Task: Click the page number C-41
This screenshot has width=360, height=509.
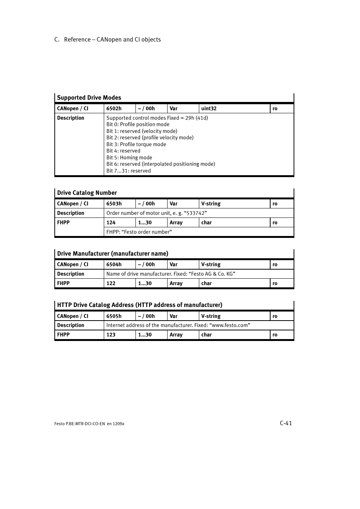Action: coord(286,423)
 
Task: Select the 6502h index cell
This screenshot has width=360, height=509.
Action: coord(114,109)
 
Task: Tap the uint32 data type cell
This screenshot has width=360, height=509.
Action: coord(209,109)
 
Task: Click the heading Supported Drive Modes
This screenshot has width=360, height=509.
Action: coord(89,98)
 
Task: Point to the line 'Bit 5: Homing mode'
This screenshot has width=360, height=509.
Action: coord(129,158)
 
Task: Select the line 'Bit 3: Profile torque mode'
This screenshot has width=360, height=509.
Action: coord(136,145)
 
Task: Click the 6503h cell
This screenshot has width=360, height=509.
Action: coord(114,204)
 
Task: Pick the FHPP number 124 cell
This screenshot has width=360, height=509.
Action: coord(111,223)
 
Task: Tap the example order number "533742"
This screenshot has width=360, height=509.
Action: coord(195,213)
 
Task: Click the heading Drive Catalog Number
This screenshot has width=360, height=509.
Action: coord(87,193)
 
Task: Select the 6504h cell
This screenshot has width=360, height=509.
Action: coord(114,265)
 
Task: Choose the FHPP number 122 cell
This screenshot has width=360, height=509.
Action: coord(111,284)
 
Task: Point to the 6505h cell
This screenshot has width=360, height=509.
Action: coord(114,316)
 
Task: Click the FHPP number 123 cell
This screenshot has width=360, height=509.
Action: coord(111,335)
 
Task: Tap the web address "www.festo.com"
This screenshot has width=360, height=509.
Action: coord(229,325)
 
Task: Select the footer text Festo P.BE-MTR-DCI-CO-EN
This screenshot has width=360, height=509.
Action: coord(80,424)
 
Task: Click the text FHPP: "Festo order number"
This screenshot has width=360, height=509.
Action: coord(139,232)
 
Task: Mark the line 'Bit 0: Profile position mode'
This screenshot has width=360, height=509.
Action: coord(138,125)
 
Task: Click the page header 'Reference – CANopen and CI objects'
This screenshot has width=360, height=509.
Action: coord(112,40)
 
